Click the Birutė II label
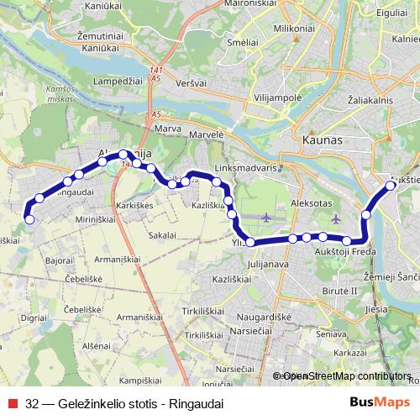point(340,290)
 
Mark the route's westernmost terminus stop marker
point(29,219)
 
